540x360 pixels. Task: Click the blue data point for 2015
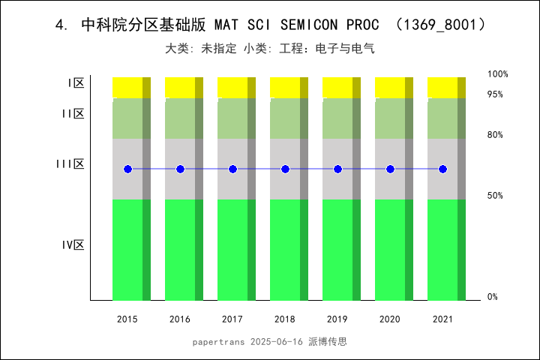127,169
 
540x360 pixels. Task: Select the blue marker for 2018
285,169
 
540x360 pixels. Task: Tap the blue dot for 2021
442,169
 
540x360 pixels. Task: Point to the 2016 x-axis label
180,319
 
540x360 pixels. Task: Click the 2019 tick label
337,319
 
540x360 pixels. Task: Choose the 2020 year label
390,319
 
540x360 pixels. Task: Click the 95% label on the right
495,94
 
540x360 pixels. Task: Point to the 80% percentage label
495,135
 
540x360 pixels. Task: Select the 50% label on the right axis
495,196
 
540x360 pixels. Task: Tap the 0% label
493,297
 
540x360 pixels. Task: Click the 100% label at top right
498,74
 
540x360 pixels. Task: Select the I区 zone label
75,83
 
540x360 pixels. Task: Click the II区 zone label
73,114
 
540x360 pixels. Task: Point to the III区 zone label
70,164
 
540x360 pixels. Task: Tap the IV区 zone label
73,245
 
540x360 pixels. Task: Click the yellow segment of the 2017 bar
232,87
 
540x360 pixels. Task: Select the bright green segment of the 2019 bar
337,250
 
